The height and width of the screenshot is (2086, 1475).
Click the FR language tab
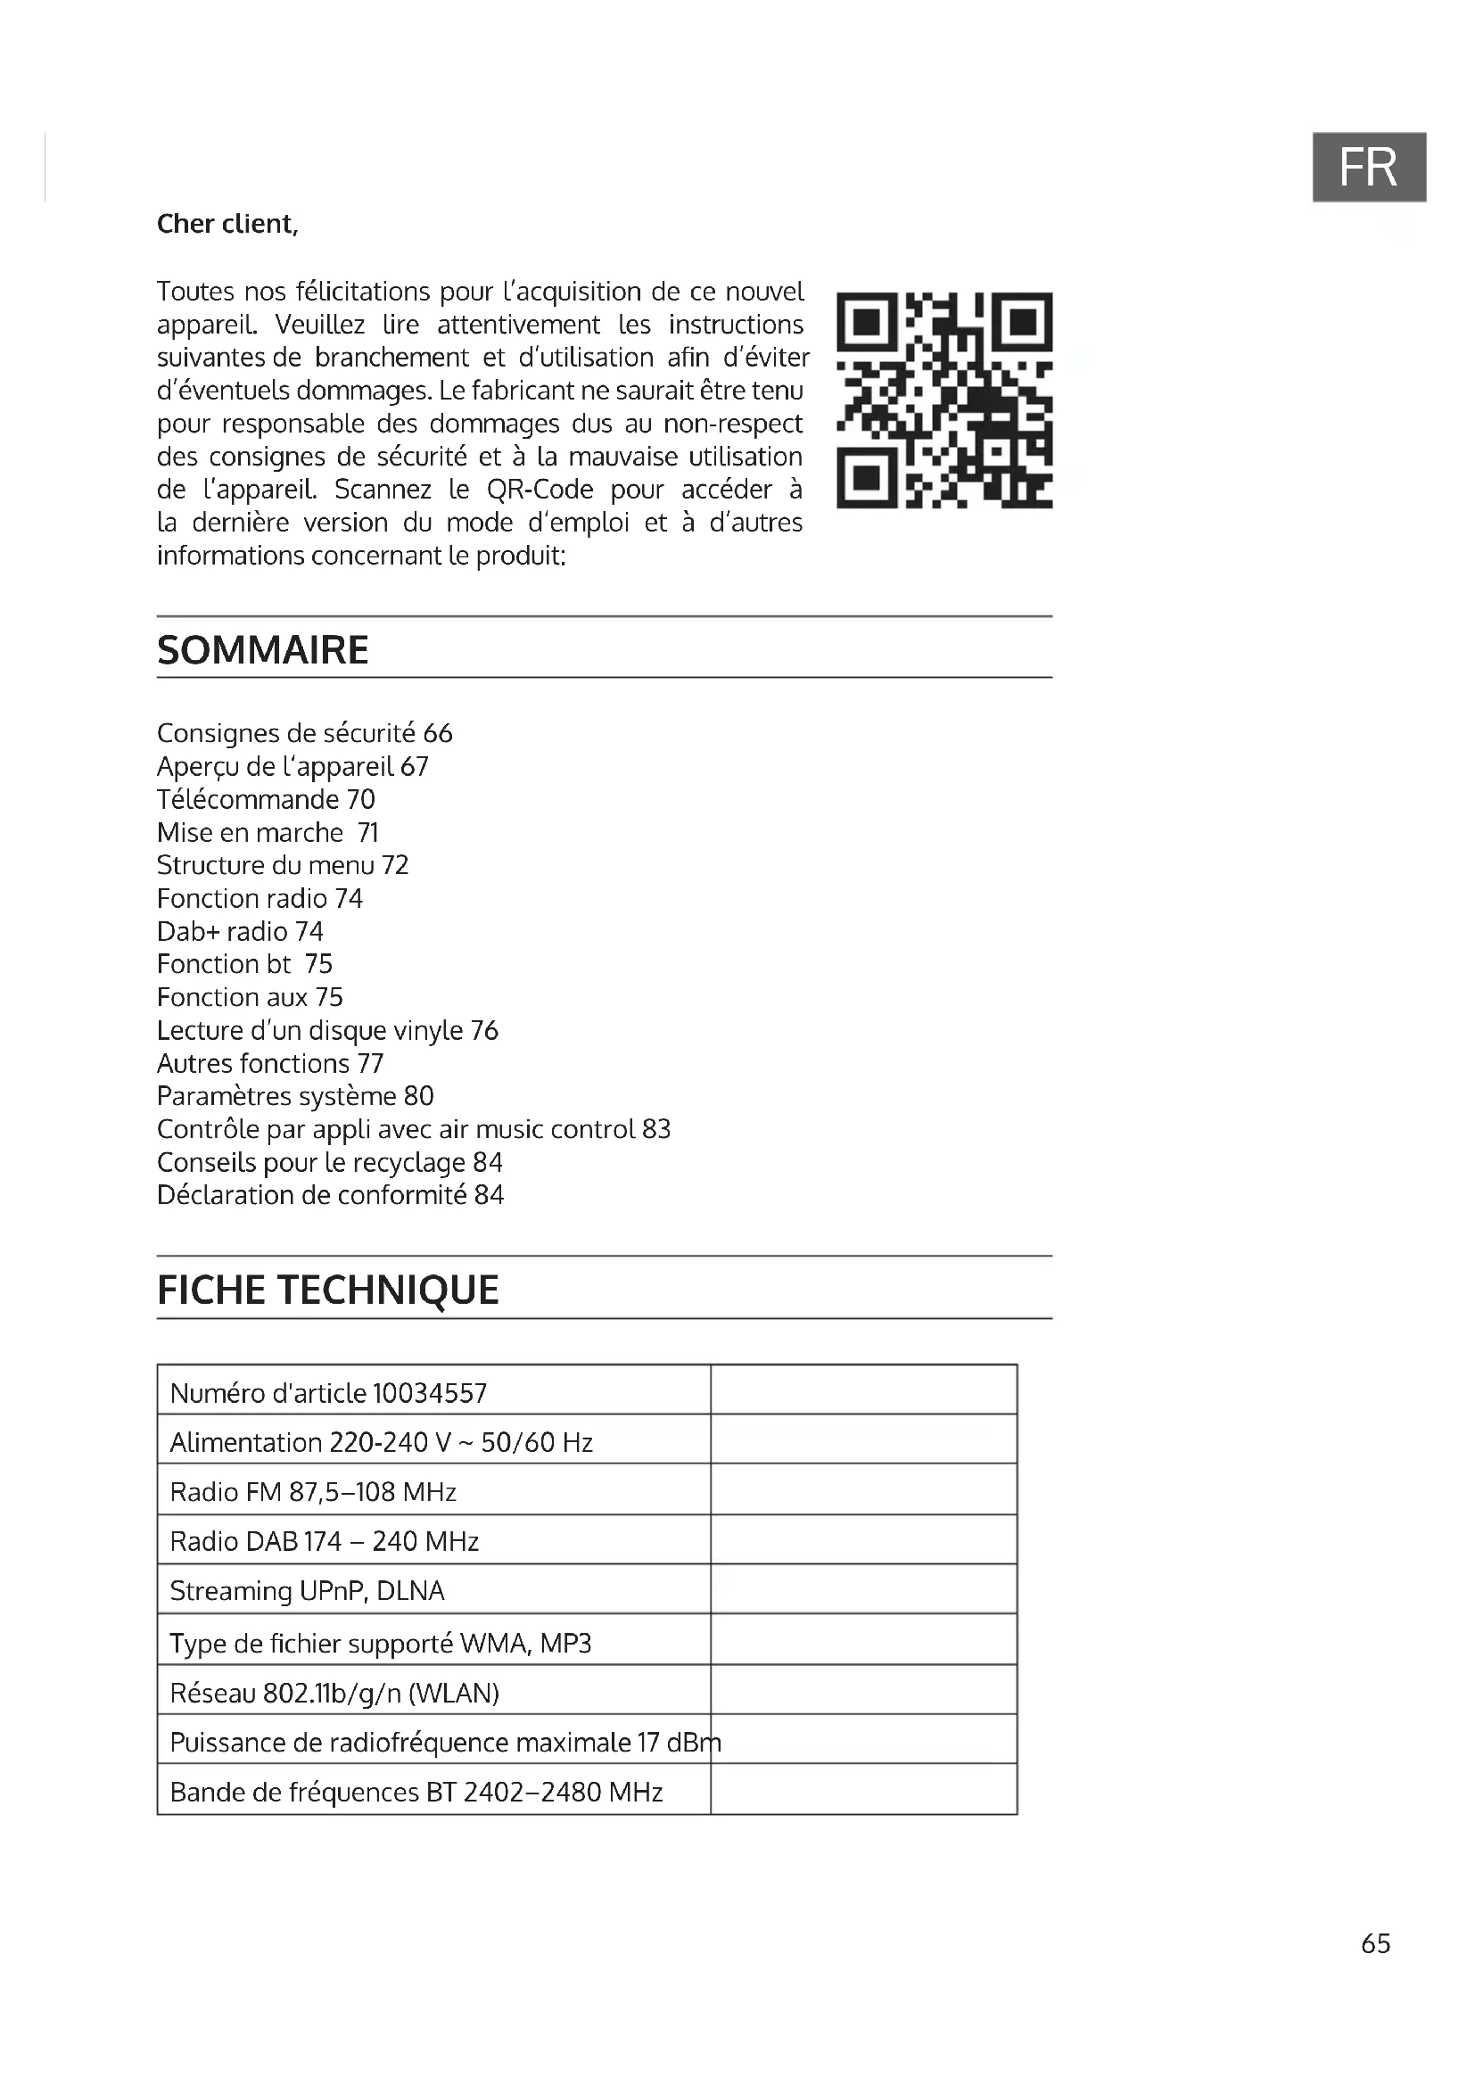pyautogui.click(x=1368, y=167)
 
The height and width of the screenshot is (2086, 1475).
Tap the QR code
pyautogui.click(x=944, y=400)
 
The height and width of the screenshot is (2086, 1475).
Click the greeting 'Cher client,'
pyautogui.click(x=227, y=224)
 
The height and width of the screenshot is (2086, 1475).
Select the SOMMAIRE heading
pyautogui.click(x=262, y=650)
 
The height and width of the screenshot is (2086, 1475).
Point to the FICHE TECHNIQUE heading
pyautogui.click(x=328, y=1290)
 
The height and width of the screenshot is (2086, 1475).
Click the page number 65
pyautogui.click(x=1375, y=1942)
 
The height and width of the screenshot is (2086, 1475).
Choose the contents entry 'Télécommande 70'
pyautogui.click(x=265, y=799)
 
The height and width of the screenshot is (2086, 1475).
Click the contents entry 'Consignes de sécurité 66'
pyautogui.click(x=304, y=733)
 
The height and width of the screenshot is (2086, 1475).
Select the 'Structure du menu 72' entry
pyautogui.click(x=283, y=865)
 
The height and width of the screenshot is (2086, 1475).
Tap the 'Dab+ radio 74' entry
pyautogui.click(x=240, y=931)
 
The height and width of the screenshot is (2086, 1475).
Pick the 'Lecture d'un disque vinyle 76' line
pyautogui.click(x=327, y=1030)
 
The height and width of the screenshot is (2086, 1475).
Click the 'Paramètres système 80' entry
pyautogui.click(x=295, y=1096)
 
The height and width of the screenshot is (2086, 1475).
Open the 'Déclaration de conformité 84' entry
pyautogui.click(x=330, y=1195)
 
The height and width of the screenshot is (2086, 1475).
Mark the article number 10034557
pyautogui.click(x=430, y=1393)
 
